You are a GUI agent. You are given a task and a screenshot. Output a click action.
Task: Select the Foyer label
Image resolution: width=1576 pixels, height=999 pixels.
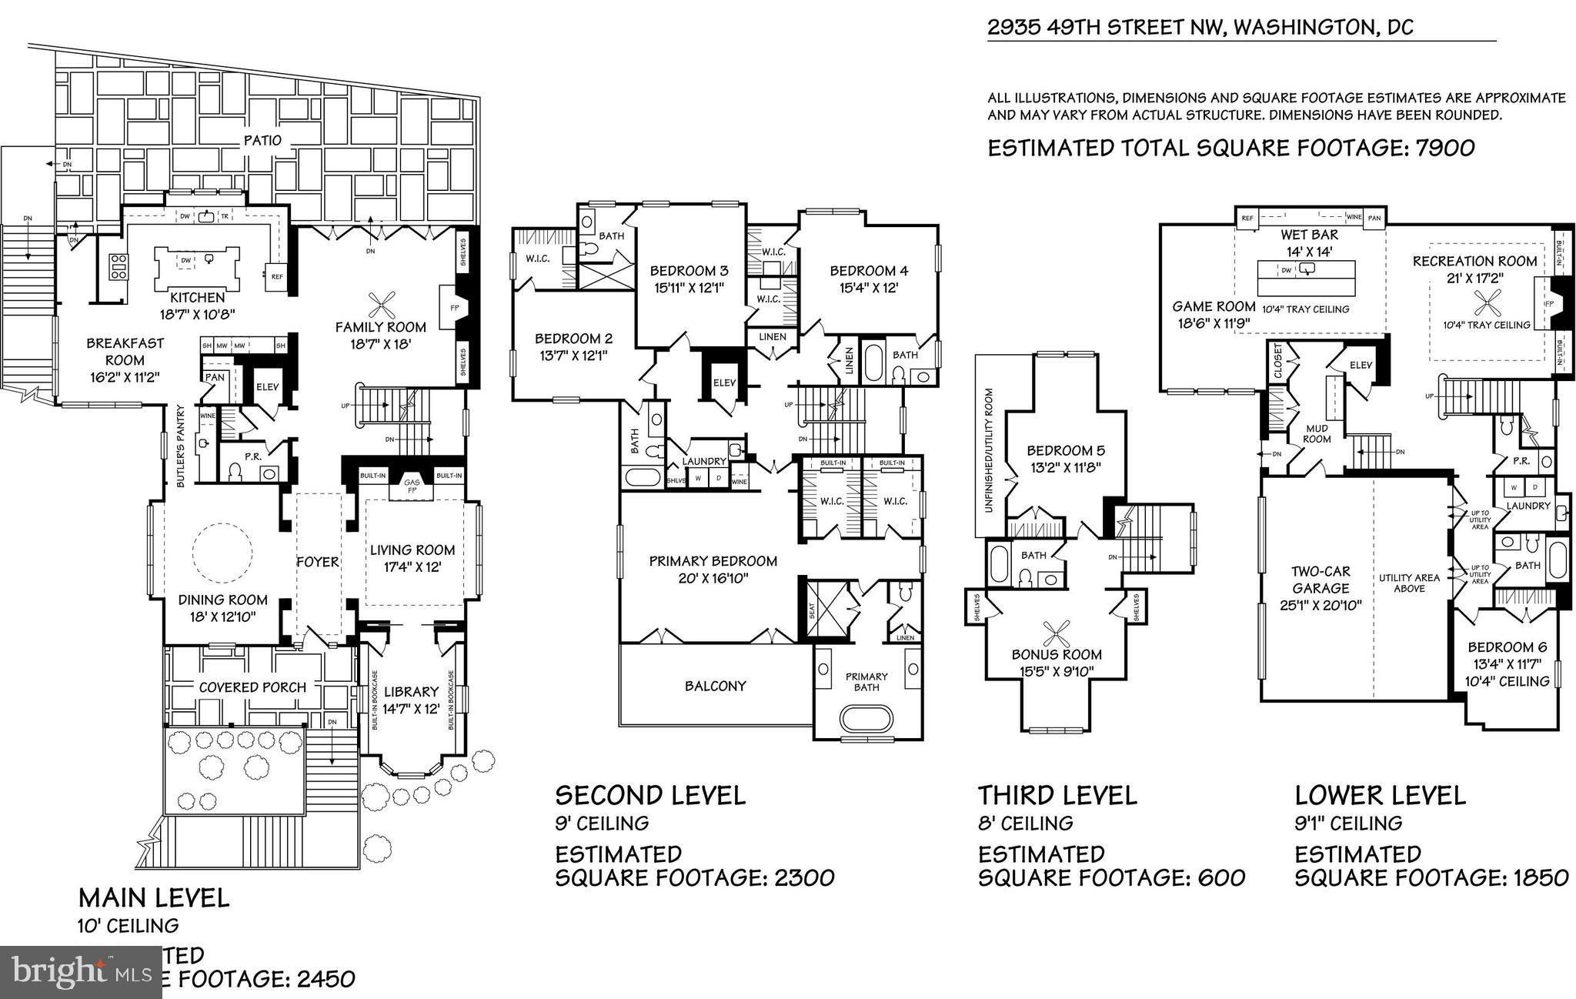[318, 562]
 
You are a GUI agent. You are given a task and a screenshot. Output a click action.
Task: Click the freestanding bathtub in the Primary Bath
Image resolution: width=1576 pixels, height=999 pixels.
[866, 720]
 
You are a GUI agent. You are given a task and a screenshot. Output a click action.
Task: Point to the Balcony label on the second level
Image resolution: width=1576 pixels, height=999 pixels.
[715, 686]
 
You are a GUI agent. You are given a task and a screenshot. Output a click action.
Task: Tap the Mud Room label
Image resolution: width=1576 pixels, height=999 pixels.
[1317, 433]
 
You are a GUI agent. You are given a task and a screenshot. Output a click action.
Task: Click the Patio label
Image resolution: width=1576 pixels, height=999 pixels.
[262, 140]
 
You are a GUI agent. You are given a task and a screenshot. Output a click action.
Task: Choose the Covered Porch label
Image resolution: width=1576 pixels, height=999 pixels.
[252, 687]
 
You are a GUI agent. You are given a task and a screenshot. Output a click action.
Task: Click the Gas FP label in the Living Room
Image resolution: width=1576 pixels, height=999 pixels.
[412, 486]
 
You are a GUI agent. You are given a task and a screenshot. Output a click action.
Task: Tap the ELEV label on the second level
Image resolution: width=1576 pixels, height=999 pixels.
[724, 383]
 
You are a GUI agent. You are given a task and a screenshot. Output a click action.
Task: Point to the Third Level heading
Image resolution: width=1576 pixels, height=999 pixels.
[1057, 794]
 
